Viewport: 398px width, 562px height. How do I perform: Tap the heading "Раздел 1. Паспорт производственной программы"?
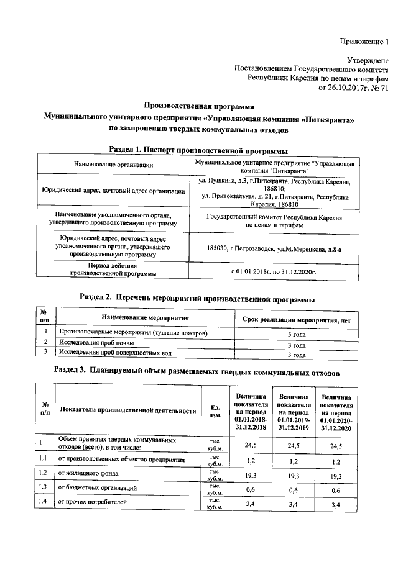[x=198, y=150]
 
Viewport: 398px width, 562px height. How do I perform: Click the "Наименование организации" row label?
[x=113, y=165]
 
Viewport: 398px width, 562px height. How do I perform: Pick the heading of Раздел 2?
[x=198, y=299]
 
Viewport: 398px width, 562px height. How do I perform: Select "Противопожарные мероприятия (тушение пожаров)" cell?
[x=132, y=333]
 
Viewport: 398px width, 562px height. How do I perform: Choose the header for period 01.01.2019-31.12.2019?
[x=295, y=410]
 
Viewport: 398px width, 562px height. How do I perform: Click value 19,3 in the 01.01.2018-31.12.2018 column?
[x=251, y=474]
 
